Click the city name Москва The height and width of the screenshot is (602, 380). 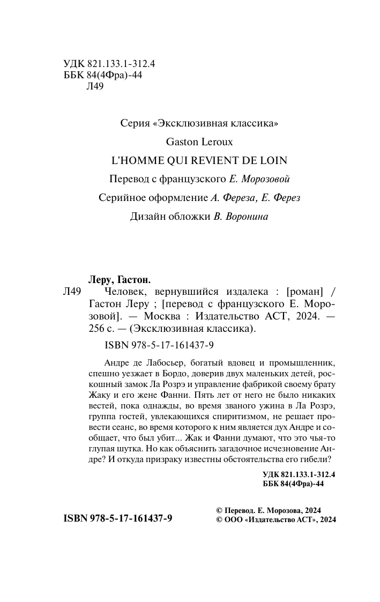[x=155, y=316]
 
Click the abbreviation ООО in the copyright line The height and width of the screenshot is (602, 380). [x=234, y=519]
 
